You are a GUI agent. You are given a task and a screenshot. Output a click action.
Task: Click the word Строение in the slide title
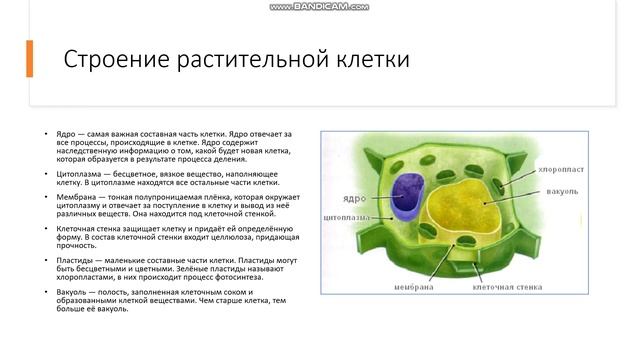click(110, 59)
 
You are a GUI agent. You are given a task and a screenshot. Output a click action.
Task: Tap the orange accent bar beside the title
click(29, 59)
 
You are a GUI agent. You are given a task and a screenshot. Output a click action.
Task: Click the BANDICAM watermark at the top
click(319, 6)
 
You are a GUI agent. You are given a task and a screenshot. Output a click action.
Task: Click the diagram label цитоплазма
click(347, 216)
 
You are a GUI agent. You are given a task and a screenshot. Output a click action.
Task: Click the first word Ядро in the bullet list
click(66, 133)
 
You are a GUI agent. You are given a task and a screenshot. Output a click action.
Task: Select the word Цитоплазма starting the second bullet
click(79, 173)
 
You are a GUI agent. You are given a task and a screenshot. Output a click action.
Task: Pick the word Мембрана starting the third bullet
click(76, 198)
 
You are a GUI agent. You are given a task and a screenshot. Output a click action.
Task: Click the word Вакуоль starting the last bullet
click(74, 292)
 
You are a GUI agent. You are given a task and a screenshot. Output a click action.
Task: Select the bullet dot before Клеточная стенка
click(46, 228)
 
